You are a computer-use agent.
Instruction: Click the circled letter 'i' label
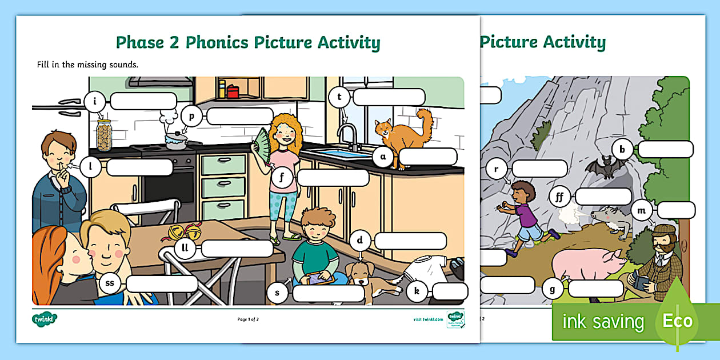click(x=95, y=103)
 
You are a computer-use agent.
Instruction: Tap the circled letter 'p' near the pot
click(x=191, y=117)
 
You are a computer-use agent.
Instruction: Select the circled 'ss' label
click(x=110, y=283)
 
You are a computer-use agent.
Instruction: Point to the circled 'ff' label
click(x=560, y=197)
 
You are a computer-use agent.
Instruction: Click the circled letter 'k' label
click(x=417, y=292)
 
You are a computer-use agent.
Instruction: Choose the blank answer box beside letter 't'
click(x=389, y=97)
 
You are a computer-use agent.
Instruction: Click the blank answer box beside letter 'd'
click(x=410, y=241)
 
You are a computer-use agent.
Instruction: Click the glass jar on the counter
click(x=103, y=135)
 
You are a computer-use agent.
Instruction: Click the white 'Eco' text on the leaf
click(x=677, y=321)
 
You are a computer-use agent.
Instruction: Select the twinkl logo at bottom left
click(x=45, y=318)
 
